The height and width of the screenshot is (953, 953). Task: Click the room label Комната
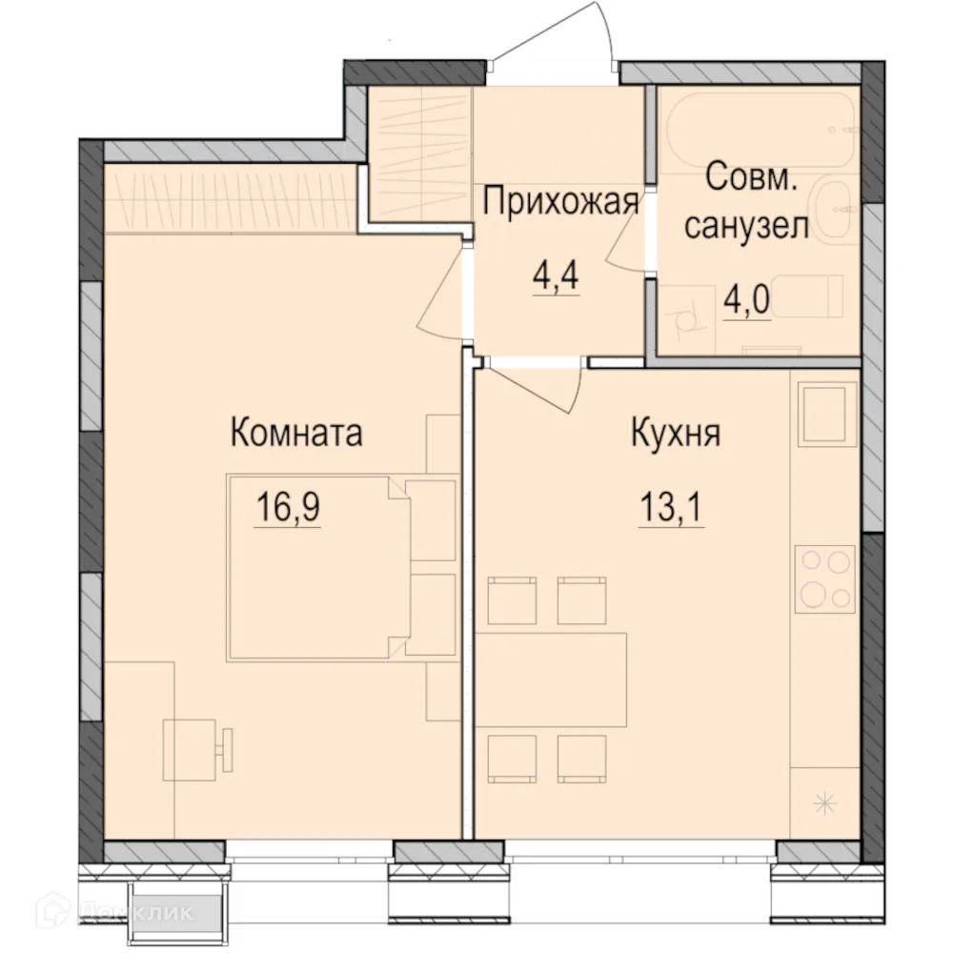pyautogui.click(x=296, y=434)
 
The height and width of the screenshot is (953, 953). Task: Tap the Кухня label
pyautogui.click(x=675, y=434)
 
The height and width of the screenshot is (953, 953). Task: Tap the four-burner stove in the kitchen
pyautogui.click(x=825, y=579)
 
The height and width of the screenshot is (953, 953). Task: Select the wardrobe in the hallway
pyautogui.click(x=420, y=152)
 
